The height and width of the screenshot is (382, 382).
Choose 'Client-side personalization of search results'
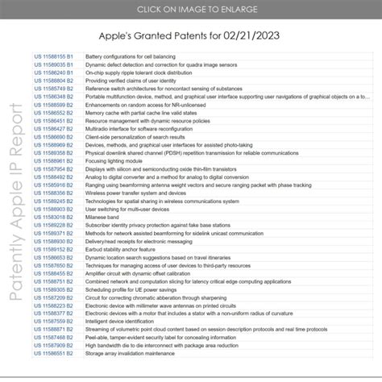138,137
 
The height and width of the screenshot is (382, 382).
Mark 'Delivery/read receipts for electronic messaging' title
142,241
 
